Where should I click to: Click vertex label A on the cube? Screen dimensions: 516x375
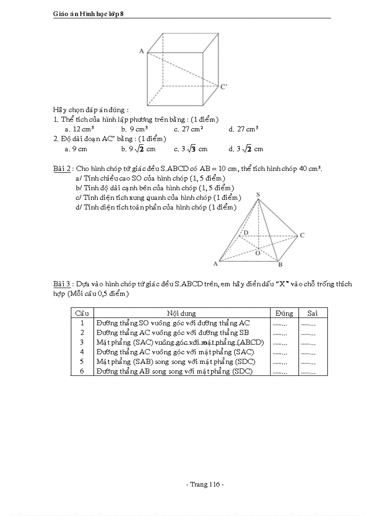[142, 51]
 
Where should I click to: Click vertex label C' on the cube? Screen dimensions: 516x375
[223, 86]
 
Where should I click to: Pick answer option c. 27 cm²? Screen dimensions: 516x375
[188, 129]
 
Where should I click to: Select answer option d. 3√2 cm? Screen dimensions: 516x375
[246, 149]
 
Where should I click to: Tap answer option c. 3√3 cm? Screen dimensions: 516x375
[191, 149]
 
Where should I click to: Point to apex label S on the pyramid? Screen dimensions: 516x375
[258, 195]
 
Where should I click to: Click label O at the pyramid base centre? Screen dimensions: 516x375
[257, 253]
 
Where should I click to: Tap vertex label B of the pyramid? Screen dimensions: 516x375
[280, 265]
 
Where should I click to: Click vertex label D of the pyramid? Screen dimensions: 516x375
[246, 232]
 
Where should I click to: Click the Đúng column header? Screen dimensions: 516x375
[284, 313]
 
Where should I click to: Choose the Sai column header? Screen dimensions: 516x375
[312, 313]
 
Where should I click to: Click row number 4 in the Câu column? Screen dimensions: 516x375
[82, 352]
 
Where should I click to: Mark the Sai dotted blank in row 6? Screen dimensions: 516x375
[308, 372]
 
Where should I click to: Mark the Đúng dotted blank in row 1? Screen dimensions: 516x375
[279, 323]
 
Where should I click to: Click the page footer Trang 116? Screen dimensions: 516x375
[205, 484]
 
